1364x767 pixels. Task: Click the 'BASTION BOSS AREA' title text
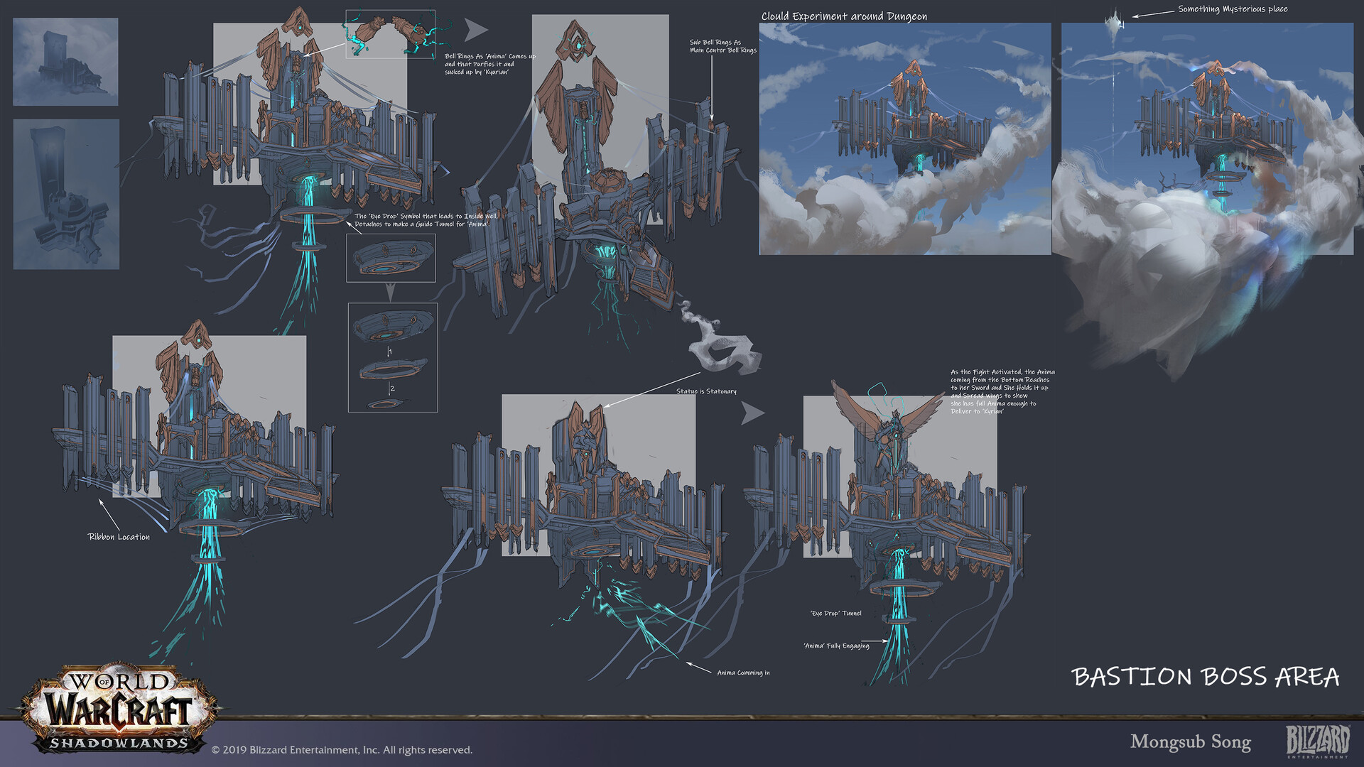coord(1206,677)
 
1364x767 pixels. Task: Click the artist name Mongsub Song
coord(1191,742)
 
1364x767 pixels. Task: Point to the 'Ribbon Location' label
coord(119,537)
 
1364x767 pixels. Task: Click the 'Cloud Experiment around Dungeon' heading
coord(844,16)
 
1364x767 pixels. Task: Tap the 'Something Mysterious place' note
coord(1233,9)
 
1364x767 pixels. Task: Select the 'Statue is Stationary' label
coord(706,391)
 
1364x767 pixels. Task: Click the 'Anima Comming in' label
coord(743,673)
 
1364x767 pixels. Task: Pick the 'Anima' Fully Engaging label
coord(836,646)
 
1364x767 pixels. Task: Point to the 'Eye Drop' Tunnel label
coord(835,613)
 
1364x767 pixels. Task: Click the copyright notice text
coord(342,750)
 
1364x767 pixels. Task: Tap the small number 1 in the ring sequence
coord(390,352)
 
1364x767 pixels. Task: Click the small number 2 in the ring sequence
coord(391,388)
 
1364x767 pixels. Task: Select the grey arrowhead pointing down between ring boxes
coord(390,292)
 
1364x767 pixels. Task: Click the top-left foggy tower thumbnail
coord(65,62)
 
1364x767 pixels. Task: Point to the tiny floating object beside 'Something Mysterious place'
coord(1115,21)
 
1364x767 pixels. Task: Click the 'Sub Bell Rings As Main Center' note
coord(722,46)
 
